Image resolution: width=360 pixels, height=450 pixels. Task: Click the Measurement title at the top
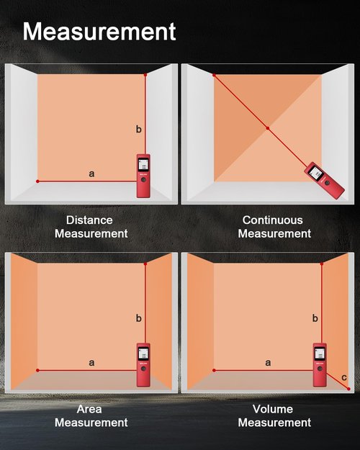(x=99, y=32)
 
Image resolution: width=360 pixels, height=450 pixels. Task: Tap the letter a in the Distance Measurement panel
(x=91, y=174)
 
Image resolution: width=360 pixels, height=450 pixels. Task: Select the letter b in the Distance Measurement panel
(x=139, y=129)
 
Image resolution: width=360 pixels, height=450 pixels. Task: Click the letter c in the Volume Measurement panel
(x=344, y=377)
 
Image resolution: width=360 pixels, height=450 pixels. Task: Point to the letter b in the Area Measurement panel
(x=139, y=318)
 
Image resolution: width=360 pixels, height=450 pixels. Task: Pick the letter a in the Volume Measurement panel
(x=268, y=362)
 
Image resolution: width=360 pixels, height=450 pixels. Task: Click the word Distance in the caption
(x=89, y=220)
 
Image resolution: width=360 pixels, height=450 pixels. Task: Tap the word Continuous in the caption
(x=272, y=220)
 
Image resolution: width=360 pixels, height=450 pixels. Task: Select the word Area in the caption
(x=89, y=409)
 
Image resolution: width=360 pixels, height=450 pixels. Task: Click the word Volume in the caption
(x=273, y=409)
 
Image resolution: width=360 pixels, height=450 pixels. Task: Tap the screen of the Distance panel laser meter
(x=143, y=165)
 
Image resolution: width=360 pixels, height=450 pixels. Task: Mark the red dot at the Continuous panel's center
(x=268, y=128)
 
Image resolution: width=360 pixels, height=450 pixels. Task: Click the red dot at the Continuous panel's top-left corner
(x=214, y=75)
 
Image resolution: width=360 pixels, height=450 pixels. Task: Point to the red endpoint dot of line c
(x=348, y=389)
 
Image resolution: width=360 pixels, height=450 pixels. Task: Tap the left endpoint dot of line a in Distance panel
(x=37, y=181)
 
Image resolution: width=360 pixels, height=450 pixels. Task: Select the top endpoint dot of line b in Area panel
(x=145, y=264)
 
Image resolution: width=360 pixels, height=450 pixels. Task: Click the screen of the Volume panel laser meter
(x=320, y=354)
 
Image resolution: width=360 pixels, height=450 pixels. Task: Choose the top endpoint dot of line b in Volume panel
(x=322, y=264)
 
